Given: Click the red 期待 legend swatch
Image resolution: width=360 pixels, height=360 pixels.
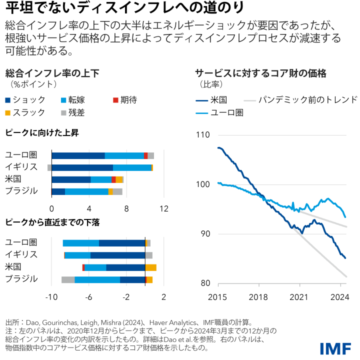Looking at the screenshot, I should point(116,100).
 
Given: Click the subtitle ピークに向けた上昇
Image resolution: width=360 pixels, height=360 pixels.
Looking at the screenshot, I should point(41,133).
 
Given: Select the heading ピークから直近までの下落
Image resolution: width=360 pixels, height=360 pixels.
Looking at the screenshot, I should point(52,222).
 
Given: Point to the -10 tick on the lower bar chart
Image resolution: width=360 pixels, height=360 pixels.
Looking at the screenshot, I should point(51,297).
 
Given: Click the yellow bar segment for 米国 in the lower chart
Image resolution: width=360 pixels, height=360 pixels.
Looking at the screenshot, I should point(151,267).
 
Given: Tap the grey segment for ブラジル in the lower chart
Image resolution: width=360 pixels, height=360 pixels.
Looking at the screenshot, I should point(68,279).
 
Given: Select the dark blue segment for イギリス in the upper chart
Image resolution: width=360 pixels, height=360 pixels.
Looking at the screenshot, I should point(82,167).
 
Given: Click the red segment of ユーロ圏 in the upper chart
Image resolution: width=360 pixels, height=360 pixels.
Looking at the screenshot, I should point(145,155).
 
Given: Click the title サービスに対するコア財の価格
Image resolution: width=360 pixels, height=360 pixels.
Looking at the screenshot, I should point(260,73).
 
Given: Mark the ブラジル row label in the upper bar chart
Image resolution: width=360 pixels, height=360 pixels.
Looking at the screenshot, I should point(21,191).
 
